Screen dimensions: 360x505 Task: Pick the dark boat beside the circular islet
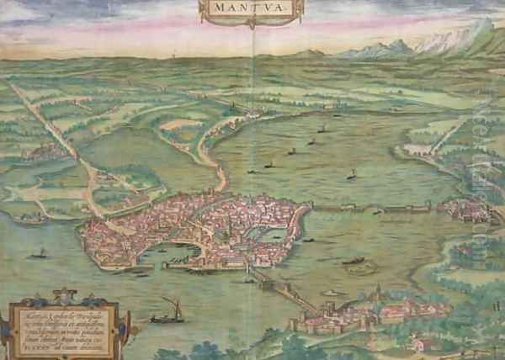point(353,260)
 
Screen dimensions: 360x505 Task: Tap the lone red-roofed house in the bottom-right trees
point(416,343)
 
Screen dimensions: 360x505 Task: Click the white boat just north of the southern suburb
point(332,293)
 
